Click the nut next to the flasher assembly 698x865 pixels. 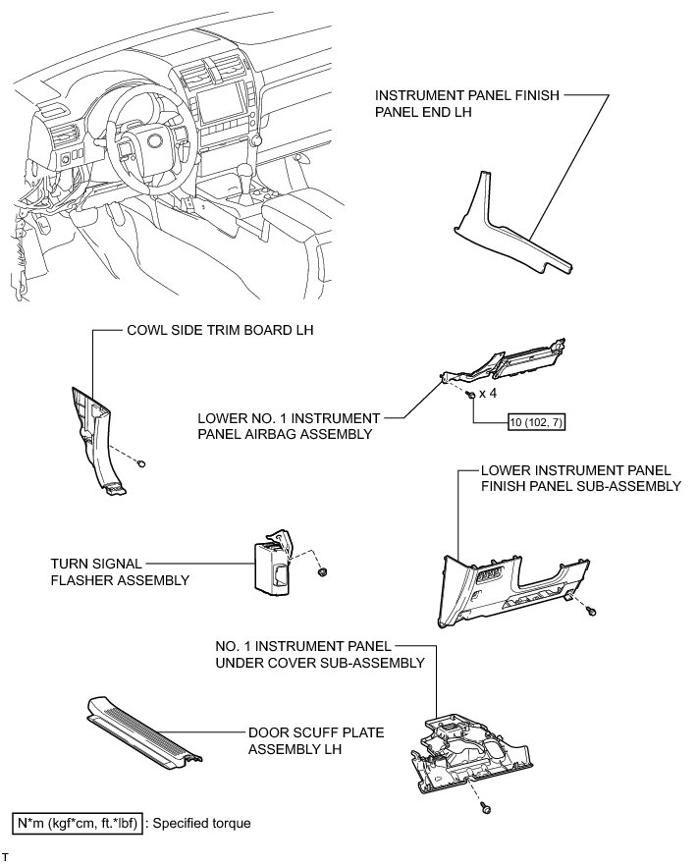[324, 570]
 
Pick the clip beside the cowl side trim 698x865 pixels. [144, 462]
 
